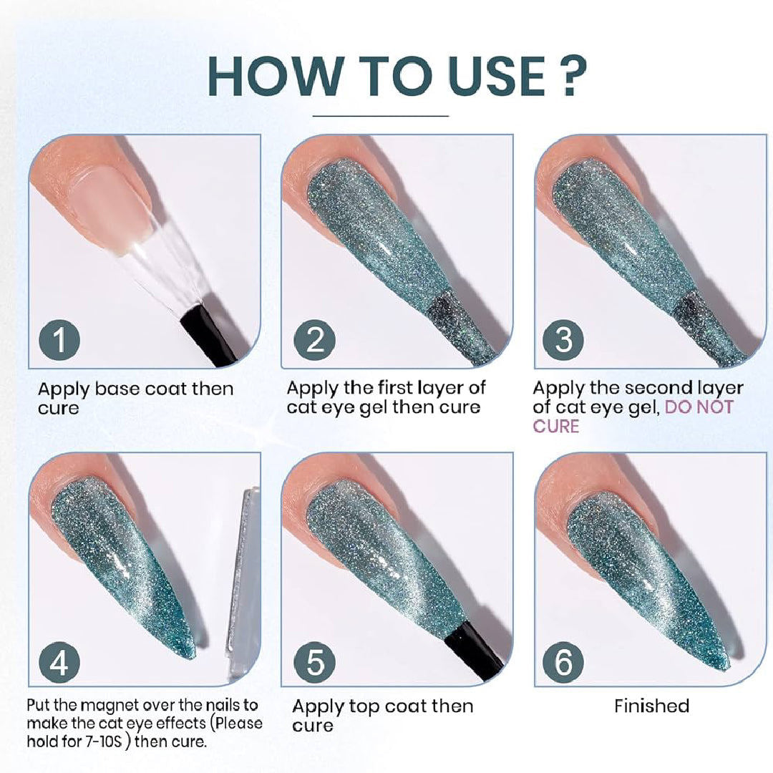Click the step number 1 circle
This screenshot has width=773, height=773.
[x=59, y=341]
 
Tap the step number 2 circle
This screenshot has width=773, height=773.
[x=315, y=341]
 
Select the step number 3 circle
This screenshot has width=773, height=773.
[x=565, y=341]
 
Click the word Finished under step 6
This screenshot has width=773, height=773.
[x=651, y=706]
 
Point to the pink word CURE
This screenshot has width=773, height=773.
[x=555, y=426]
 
